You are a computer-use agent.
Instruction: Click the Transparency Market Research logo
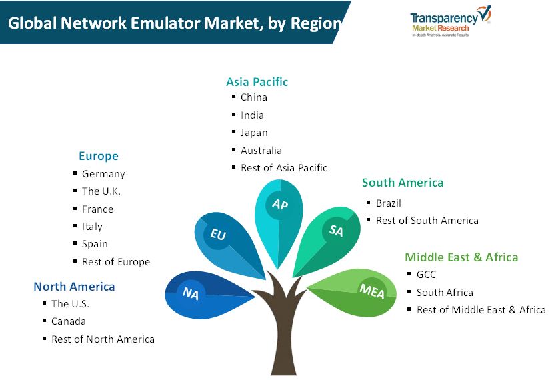coord(451,21)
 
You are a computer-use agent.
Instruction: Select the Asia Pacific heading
coord(257,82)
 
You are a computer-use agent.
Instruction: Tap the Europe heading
coord(99,156)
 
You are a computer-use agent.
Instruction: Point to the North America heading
coord(74,287)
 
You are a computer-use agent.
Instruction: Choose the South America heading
coord(403,183)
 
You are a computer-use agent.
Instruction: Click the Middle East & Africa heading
coord(461,257)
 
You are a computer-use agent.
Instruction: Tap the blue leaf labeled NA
coord(209,295)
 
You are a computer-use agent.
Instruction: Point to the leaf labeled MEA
coord(353,292)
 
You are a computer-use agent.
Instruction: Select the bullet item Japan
coord(254,133)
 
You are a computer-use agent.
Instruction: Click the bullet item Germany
coord(103,174)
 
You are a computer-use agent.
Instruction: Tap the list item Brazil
coord(389,203)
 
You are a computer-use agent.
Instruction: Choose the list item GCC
coord(426,275)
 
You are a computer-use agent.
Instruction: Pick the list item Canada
coord(69,321)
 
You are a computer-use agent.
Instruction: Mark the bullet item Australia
coord(261,151)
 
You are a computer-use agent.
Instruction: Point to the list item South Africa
coord(445,293)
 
